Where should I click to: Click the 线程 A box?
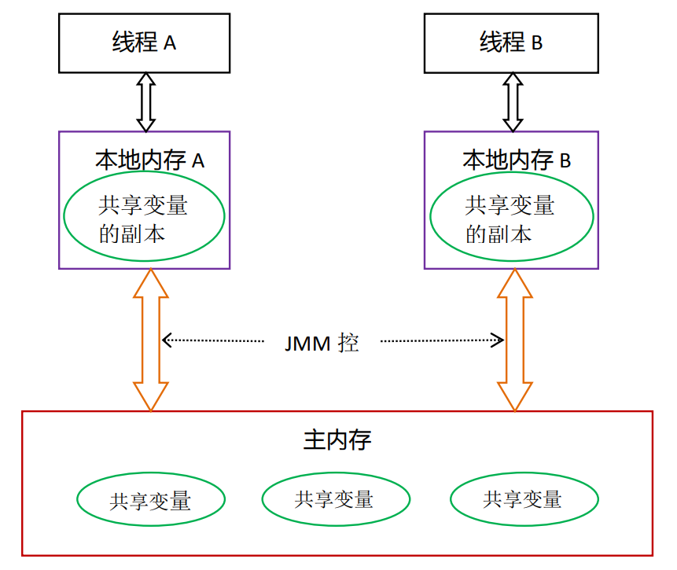point(145,42)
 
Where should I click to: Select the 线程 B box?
point(511,42)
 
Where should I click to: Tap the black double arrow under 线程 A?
point(145,102)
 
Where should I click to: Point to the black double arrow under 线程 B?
point(513,102)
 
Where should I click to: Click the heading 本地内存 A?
point(149,160)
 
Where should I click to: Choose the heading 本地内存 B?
point(517,160)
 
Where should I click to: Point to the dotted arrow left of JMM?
point(213,340)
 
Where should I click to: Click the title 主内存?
point(337,439)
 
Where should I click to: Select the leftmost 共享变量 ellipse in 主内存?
point(151,499)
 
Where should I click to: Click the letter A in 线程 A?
point(170,44)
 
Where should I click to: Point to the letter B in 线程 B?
point(537,44)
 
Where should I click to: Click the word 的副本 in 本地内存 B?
point(499,234)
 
